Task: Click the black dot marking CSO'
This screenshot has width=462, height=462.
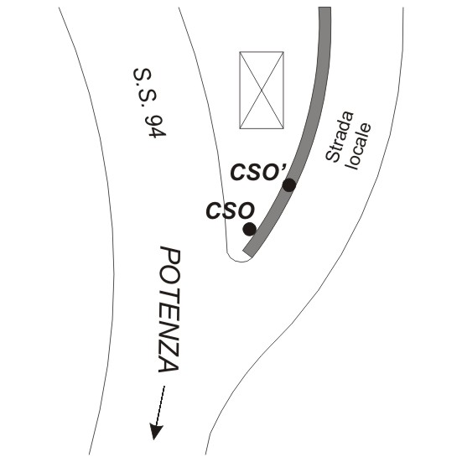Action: click(x=289, y=185)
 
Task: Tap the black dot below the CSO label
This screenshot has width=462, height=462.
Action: click(x=250, y=229)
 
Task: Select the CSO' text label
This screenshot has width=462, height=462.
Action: click(x=258, y=172)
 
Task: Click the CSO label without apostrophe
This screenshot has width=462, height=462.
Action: click(x=230, y=210)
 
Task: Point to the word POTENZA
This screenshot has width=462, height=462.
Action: click(x=169, y=309)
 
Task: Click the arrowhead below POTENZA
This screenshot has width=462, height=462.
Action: click(x=155, y=432)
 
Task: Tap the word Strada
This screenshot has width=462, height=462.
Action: click(x=340, y=137)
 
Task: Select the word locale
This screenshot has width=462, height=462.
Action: click(x=359, y=146)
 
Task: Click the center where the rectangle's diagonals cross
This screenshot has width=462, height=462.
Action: click(x=262, y=91)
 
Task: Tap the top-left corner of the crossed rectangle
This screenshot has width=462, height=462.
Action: click(x=240, y=52)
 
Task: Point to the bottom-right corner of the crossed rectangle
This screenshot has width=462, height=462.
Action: click(x=283, y=128)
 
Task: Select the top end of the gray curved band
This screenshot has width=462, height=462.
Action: click(x=324, y=8)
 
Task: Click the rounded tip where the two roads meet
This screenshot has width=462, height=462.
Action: click(x=239, y=261)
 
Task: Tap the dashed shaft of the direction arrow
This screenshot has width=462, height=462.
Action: click(x=159, y=406)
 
